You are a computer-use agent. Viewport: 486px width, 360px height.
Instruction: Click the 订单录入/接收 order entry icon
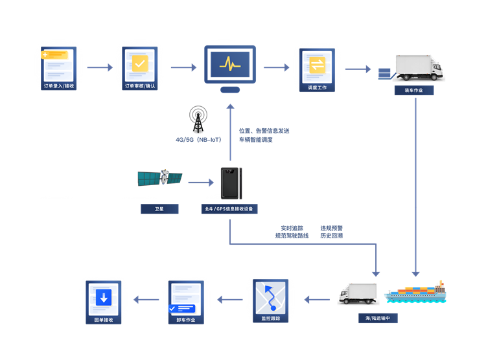coord(58,69)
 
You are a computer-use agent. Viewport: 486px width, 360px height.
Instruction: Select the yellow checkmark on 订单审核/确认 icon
coord(140,63)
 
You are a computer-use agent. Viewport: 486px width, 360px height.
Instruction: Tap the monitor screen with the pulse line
coord(230,65)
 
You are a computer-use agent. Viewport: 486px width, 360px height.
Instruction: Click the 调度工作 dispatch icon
coord(317,70)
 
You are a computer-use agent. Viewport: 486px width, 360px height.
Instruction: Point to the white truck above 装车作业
coord(419,68)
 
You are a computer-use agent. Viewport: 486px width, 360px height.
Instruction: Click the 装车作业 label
coord(414,91)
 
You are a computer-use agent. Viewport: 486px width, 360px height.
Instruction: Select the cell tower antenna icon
coord(198,119)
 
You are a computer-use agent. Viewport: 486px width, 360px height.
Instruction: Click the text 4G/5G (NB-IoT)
coord(198,140)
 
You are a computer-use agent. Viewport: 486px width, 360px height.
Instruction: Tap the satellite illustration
coord(160,178)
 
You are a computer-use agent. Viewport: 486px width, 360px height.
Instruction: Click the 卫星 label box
coord(159,208)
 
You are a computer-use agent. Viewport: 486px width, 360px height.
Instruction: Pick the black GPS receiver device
coord(231,183)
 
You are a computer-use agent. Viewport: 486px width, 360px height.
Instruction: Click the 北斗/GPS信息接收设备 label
coord(229,208)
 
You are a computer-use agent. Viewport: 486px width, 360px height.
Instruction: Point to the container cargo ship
coord(415,293)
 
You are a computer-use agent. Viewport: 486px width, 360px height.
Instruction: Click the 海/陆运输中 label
coord(378,318)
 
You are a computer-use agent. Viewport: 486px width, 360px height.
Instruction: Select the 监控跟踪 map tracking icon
coord(271,301)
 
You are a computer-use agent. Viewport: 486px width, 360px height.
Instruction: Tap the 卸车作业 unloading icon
coord(186,302)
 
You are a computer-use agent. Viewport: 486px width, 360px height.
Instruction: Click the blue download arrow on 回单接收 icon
coord(104,297)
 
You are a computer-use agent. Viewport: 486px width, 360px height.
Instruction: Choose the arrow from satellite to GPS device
coord(201,183)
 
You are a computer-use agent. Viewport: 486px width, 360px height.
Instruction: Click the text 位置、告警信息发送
coord(264,131)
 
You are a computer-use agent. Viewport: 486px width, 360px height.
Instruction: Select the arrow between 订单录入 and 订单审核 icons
coord(100,67)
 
